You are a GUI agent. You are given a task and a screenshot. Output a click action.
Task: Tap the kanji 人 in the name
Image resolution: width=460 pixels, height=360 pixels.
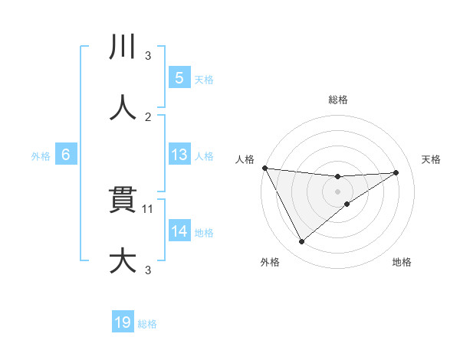[122, 108]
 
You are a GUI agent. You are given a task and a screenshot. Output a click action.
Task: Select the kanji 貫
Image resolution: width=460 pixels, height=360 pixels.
[122, 200]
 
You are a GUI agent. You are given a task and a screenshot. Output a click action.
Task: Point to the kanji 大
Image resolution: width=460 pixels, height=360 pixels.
[122, 260]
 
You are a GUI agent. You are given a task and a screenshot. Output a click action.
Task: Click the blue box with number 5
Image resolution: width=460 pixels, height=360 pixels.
[179, 78]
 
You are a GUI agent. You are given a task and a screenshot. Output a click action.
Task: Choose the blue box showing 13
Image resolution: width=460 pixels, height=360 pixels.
[179, 154]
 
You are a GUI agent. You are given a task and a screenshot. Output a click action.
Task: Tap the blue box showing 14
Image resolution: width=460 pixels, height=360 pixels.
[179, 231]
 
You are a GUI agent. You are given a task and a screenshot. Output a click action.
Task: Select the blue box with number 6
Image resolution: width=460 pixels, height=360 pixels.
[66, 154]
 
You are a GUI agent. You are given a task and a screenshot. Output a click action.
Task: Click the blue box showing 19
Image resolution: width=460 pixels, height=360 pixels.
[123, 322]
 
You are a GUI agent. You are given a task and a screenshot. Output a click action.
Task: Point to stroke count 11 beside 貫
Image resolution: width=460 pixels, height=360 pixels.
[149, 208]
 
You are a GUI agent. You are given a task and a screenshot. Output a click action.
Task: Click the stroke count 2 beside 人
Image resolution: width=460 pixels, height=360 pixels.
[148, 116]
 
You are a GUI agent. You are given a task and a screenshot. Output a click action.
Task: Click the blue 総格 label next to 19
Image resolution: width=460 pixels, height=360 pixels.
[147, 324]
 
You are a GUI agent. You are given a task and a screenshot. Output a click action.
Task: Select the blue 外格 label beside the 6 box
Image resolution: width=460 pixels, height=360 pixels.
[41, 155]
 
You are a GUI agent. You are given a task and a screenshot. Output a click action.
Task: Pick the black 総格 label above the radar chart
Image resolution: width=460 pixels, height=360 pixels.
[338, 100]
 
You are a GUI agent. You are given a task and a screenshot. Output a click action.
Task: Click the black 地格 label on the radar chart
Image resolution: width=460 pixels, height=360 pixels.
[402, 262]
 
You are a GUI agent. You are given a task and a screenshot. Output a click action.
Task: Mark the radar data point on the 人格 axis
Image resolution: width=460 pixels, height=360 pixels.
[264, 168]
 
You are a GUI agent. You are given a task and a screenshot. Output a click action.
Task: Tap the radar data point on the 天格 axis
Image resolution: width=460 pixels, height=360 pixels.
[396, 172]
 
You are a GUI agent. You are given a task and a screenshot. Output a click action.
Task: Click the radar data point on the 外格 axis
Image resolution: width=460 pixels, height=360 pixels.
[301, 242]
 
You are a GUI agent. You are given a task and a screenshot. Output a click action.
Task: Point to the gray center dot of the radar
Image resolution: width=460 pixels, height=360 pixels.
[338, 191]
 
